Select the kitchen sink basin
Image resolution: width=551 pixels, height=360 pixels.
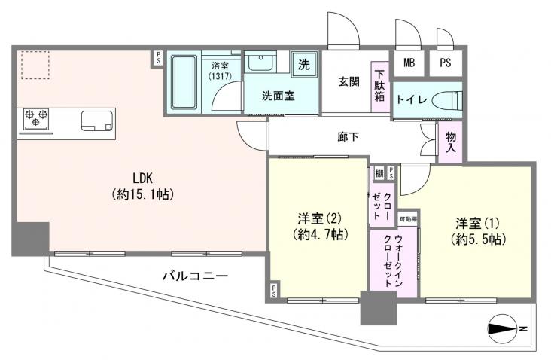[x=95, y=119]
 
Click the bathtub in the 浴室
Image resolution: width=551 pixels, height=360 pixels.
[x=181, y=82]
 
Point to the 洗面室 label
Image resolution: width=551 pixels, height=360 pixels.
[x=278, y=96]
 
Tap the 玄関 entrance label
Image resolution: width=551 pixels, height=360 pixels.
[x=348, y=81]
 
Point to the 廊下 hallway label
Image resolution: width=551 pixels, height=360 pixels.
[x=347, y=138]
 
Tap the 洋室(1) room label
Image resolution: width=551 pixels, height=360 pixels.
[x=479, y=230]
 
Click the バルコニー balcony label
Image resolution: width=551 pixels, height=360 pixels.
[x=195, y=276]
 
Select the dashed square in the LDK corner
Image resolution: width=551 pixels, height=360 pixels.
[x=35, y=65]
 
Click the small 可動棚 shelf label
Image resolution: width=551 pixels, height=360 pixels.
[x=407, y=219]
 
